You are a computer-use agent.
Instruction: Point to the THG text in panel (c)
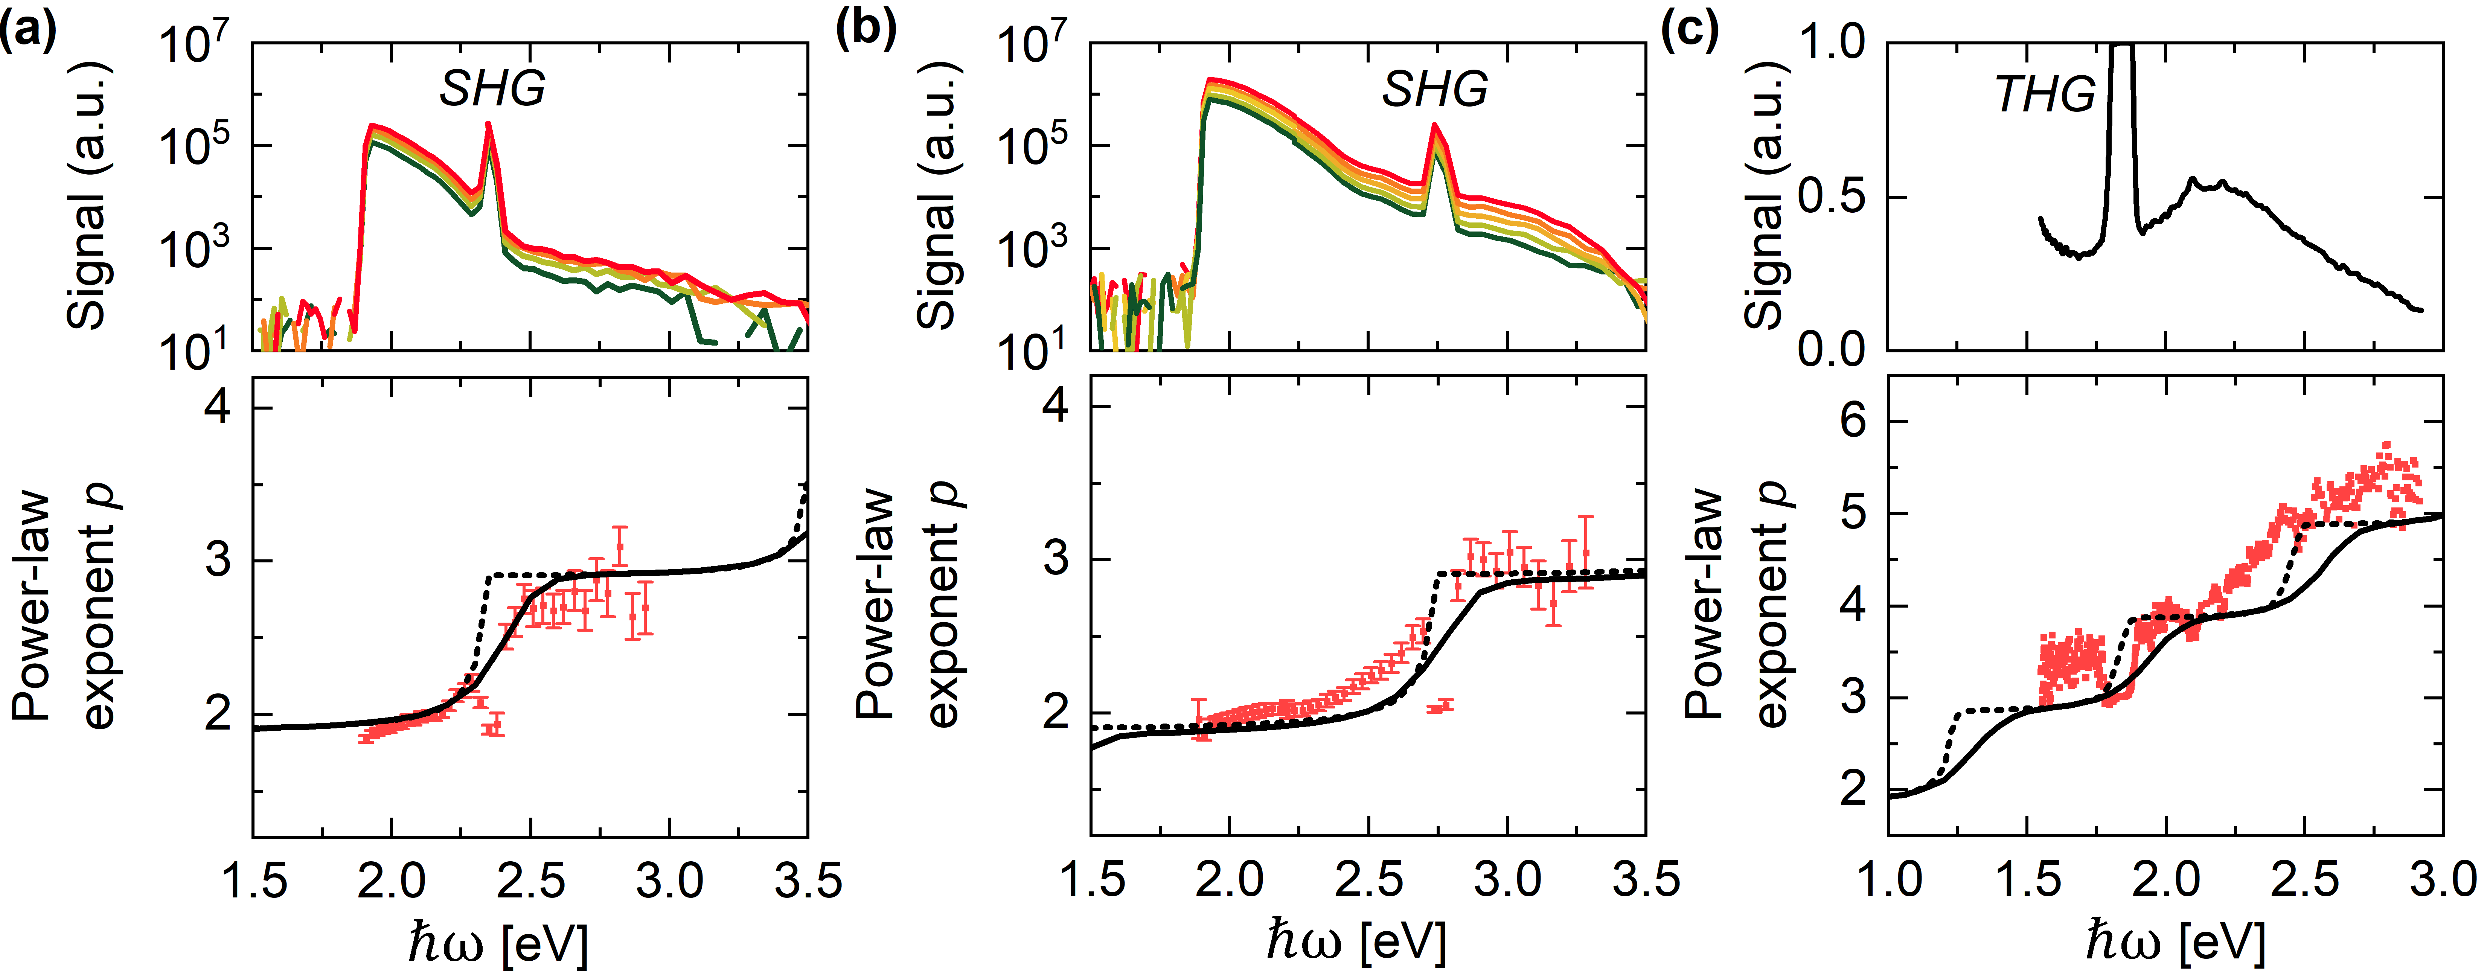[x=2044, y=95]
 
